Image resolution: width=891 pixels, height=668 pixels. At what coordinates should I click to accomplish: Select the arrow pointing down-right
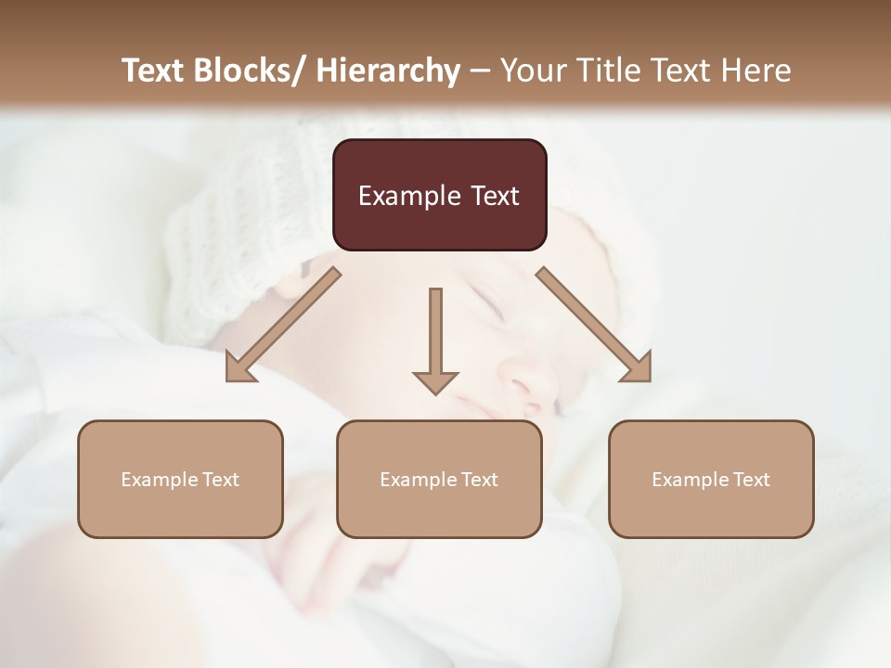594,325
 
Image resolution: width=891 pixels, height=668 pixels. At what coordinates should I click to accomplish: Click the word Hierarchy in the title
388,71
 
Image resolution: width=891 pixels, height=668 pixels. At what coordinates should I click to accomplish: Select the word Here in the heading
756,71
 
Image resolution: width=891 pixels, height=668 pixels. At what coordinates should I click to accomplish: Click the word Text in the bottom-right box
751,480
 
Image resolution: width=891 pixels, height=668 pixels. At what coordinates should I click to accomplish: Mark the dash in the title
480,71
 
